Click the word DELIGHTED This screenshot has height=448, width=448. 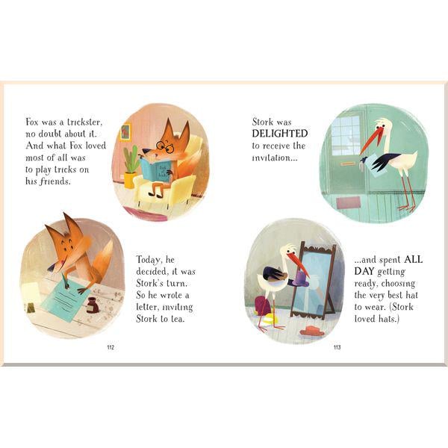[x=279, y=133]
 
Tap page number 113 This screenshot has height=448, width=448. [x=337, y=346]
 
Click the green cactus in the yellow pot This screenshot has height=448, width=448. [x=131, y=159]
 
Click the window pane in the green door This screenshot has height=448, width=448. [x=345, y=138]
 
